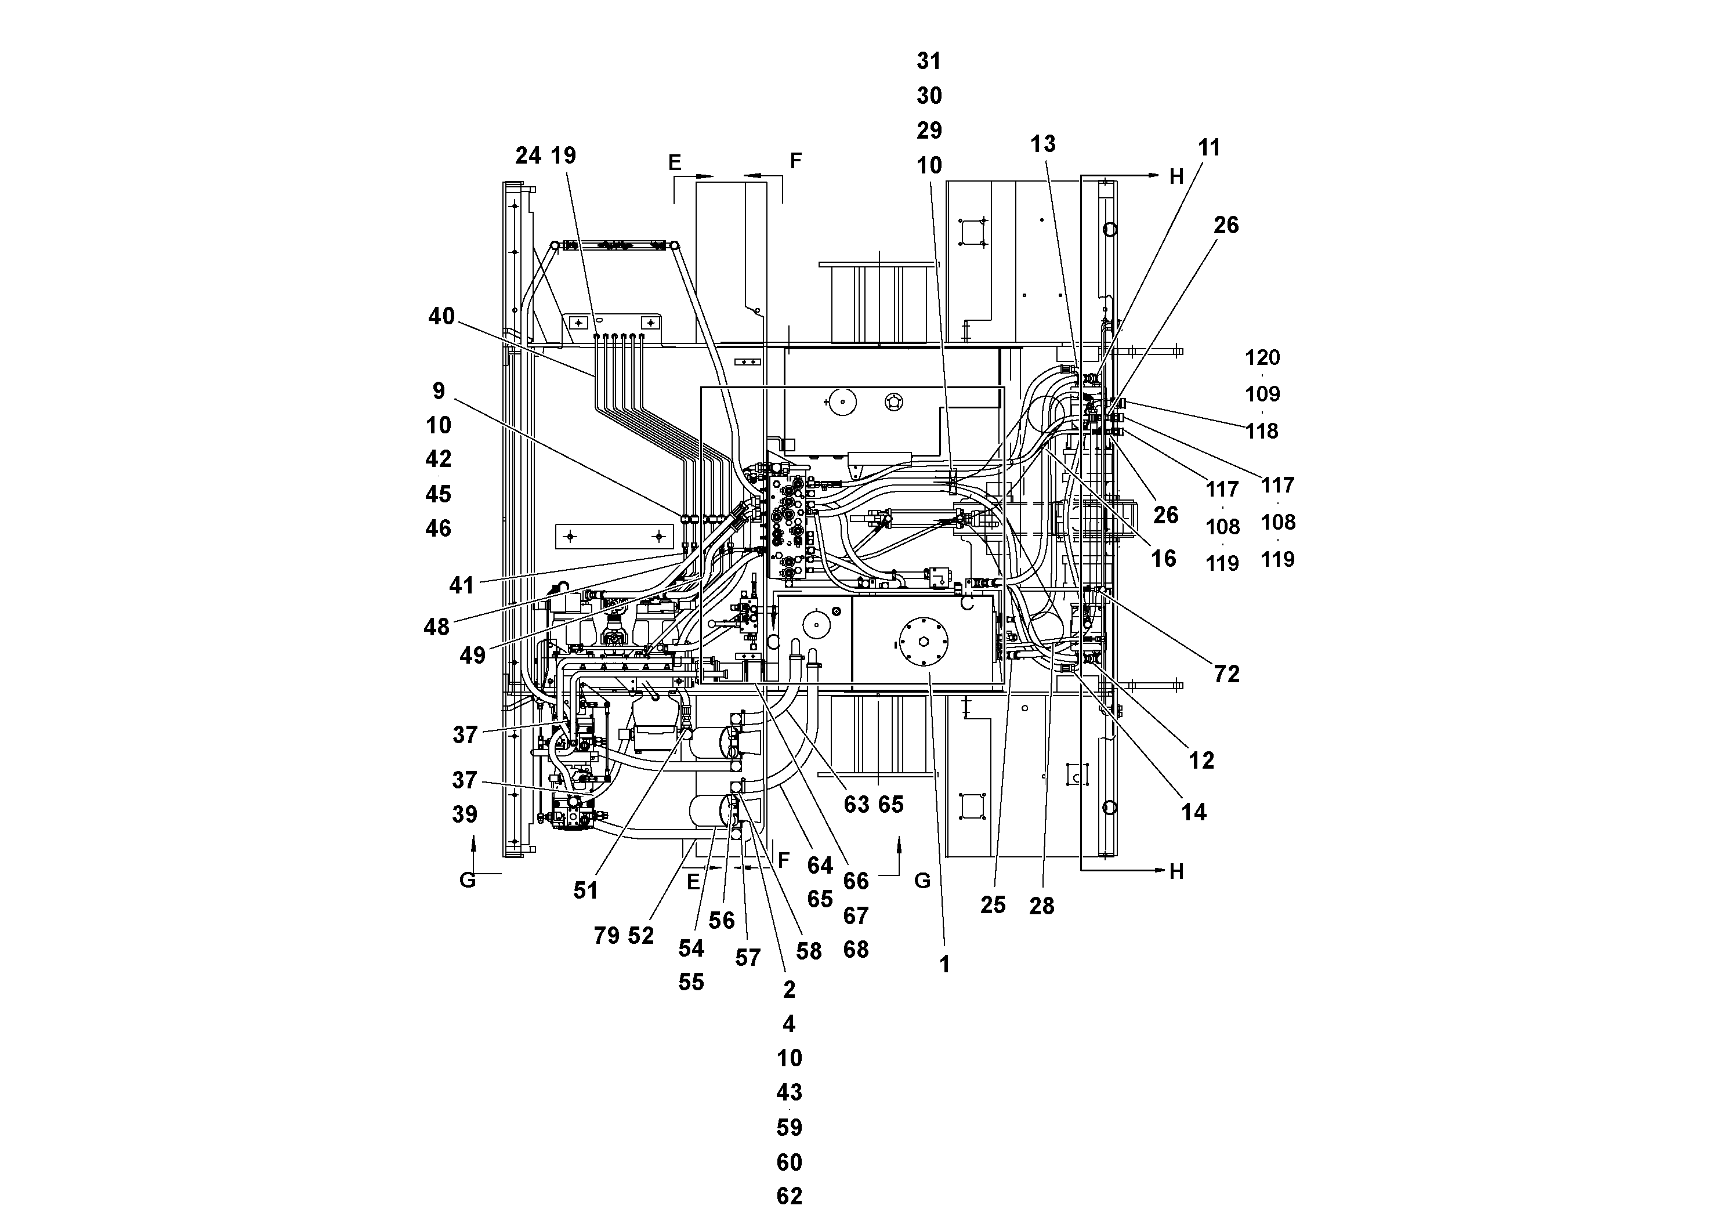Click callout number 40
441,317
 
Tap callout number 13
1042,144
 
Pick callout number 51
585,890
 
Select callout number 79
606,936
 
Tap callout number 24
528,155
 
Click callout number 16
1164,559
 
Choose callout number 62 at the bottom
789,1196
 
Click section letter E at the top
675,162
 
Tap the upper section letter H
1176,177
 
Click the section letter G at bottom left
468,880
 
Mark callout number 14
1194,812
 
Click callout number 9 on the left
439,391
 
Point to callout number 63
856,805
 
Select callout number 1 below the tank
945,964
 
